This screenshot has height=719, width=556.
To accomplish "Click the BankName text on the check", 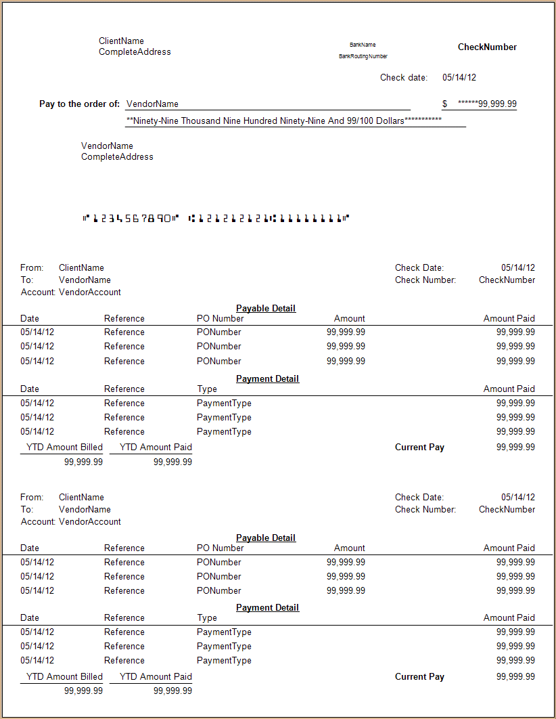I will pos(363,45).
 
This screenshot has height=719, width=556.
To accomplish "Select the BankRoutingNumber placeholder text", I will pos(363,56).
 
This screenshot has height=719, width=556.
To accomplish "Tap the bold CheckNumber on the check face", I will pos(487,47).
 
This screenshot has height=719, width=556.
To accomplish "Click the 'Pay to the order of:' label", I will pos(80,104).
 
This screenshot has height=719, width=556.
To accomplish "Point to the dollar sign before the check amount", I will pos(444,104).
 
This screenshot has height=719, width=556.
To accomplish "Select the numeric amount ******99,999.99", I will pos(487,104).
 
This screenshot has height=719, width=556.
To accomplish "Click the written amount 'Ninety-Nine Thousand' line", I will pos(284,121).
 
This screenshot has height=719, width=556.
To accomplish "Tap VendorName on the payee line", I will pos(152,104).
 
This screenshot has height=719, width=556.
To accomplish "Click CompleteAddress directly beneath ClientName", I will pos(135,52).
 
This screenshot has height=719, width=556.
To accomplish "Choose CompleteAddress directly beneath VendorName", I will pos(117,157).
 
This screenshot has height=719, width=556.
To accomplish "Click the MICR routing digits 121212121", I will pos(230,218).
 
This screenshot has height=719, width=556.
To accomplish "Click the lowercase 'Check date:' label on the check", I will pos(404,78).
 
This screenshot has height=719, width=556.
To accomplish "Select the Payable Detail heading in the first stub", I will pos(266,309).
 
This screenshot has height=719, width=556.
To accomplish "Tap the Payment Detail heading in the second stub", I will pos(267,608).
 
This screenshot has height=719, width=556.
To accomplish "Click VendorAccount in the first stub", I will pos(90,292).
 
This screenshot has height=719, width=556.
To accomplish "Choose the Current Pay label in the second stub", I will pos(419,677).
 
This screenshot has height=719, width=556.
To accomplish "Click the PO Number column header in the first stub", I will pos(221,319).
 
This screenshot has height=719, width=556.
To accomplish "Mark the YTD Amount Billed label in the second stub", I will pos(64,677).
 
